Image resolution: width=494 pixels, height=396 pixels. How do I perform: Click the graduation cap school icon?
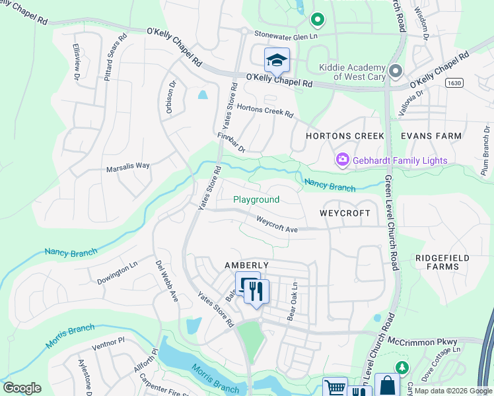277,61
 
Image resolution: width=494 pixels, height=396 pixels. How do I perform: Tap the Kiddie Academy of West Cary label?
352,72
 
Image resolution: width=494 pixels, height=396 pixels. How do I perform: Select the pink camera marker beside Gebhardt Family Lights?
343,160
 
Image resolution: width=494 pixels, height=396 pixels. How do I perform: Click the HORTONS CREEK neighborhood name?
345,136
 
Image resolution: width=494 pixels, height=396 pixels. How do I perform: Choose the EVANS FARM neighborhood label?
431,136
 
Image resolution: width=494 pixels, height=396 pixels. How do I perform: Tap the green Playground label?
256,199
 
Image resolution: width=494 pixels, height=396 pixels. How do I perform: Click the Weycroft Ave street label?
277,225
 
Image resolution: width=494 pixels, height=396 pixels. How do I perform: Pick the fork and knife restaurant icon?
257,290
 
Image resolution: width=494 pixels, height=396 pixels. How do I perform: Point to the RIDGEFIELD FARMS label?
437,262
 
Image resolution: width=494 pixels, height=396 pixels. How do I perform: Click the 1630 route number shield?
453,83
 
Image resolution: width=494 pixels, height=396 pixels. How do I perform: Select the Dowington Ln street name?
117,271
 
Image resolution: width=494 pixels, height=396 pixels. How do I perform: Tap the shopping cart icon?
335,387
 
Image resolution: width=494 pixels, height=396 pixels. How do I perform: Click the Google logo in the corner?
22,388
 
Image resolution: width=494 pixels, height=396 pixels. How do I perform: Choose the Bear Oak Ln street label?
291,302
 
